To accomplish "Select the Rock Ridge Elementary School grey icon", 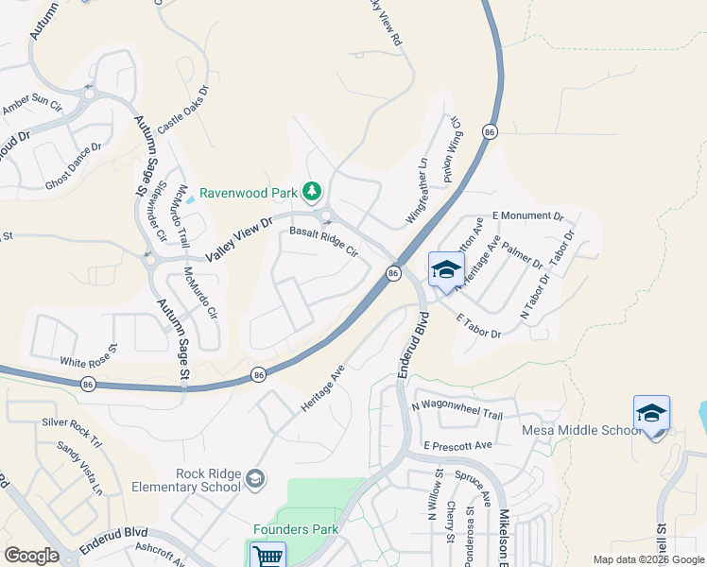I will click(254, 480).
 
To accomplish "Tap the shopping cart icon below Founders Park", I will click(267, 557).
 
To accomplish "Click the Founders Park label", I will click(296, 530).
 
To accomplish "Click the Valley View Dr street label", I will click(239, 238).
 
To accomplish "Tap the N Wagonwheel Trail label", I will click(457, 407).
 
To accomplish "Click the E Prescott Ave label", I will click(458, 444).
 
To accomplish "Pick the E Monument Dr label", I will click(528, 215).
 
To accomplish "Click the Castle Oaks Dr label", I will click(182, 110).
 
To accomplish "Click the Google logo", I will click(31, 556).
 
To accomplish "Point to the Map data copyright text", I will click(647, 559).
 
